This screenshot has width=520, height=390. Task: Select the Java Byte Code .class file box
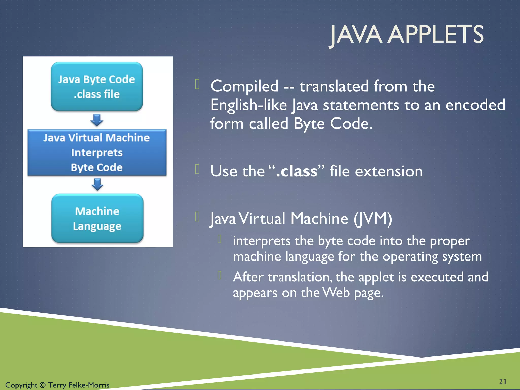(x=97, y=87)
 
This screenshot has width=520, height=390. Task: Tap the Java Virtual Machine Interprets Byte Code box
(x=97, y=152)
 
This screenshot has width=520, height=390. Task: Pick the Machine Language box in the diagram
(x=97, y=219)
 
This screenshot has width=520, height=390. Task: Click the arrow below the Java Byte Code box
(x=97, y=120)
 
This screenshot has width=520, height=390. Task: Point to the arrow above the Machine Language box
(x=97, y=184)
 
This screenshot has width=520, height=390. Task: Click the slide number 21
(x=502, y=381)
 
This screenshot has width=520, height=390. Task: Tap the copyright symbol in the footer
(x=43, y=385)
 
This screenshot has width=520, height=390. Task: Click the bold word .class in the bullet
(x=296, y=171)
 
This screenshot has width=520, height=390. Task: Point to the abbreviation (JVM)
(x=373, y=219)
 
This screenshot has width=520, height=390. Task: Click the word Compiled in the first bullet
(x=244, y=86)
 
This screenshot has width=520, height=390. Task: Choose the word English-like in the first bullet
(x=248, y=105)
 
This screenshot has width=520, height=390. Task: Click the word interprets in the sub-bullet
(x=262, y=241)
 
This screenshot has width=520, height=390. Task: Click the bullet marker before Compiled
(x=197, y=84)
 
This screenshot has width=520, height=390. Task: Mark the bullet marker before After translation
(x=220, y=275)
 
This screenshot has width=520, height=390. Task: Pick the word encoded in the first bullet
(x=475, y=105)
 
